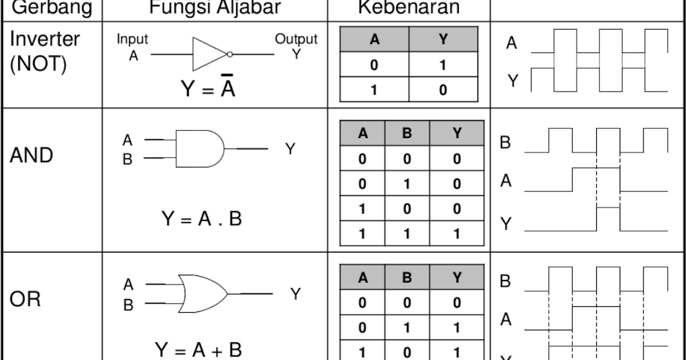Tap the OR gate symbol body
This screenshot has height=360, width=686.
pos(203,293)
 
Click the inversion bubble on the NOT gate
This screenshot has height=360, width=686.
pos(230,54)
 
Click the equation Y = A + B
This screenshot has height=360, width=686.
pos(198,349)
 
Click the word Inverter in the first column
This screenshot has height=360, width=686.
pos(45,39)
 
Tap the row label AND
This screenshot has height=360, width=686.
pos(31,155)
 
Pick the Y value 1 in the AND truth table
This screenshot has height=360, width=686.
pos(457,234)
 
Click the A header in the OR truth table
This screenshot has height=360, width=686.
pos(362,278)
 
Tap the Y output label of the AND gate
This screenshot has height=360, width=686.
pos(290,149)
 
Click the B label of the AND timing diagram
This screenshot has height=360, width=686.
pos(505,142)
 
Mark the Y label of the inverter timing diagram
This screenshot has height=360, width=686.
pos(513,81)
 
